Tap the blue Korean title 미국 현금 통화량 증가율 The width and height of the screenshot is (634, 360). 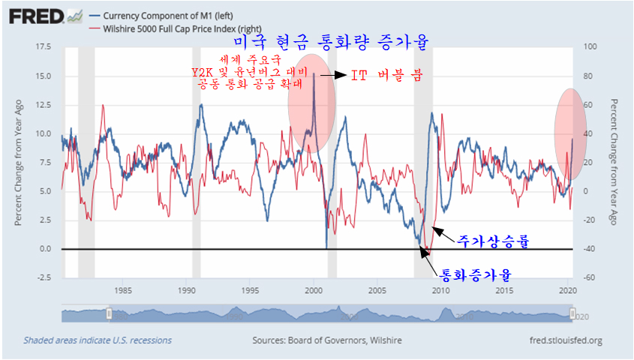[331, 43]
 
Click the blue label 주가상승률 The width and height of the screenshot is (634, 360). [493, 241]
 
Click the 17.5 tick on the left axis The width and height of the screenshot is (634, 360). [43, 47]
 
